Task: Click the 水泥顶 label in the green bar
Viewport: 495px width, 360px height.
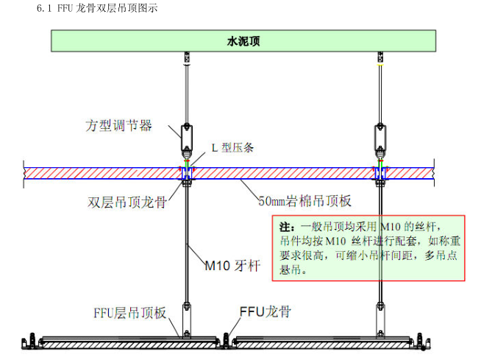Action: click(x=243, y=41)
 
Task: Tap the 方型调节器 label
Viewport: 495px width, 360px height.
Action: click(x=118, y=125)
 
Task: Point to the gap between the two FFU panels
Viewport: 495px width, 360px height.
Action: click(x=231, y=341)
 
